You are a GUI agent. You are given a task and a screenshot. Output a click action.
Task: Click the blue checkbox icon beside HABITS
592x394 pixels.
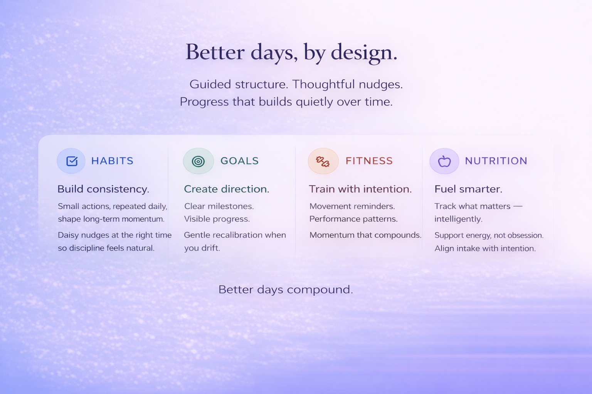click(x=72, y=161)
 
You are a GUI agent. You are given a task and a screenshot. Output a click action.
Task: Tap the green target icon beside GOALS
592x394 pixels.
click(x=198, y=161)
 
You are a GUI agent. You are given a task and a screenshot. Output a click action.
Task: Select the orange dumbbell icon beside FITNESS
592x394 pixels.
click(x=323, y=161)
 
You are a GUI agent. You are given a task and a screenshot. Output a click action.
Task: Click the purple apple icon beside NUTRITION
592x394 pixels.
click(x=444, y=161)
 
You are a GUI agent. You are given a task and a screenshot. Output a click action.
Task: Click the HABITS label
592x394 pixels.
click(x=112, y=161)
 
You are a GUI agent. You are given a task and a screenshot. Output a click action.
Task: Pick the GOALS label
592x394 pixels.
click(x=239, y=161)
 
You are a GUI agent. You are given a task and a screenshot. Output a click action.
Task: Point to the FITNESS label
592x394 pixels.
click(x=369, y=161)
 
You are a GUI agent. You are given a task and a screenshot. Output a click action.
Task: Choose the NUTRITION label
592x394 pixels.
click(x=496, y=161)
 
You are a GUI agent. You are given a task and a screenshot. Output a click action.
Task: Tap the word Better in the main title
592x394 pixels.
click(x=215, y=52)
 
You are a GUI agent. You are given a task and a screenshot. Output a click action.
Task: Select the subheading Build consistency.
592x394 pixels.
click(x=103, y=189)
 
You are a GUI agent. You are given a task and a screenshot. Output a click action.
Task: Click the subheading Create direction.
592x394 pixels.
click(x=226, y=189)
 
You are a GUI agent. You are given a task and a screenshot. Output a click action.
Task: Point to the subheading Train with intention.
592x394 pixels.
click(x=360, y=189)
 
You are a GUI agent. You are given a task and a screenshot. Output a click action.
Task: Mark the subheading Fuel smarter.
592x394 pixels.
click(x=468, y=189)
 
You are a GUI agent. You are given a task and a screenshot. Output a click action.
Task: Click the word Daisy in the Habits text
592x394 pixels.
click(x=68, y=235)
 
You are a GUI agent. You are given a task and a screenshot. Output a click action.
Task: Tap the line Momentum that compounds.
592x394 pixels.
click(x=365, y=235)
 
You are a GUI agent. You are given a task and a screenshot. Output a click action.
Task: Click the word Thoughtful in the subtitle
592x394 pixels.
click(x=323, y=84)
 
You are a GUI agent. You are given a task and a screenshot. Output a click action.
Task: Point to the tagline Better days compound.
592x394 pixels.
click(x=286, y=289)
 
